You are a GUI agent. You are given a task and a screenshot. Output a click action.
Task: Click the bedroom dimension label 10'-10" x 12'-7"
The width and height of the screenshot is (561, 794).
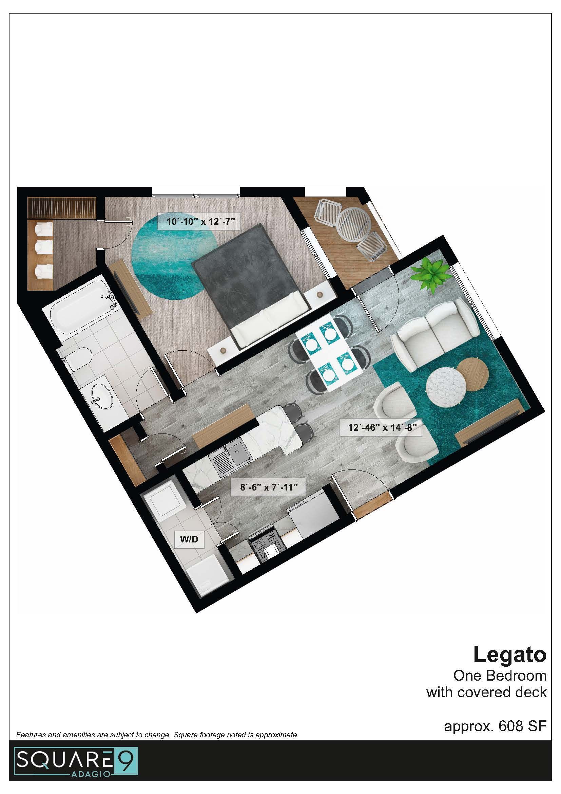(198, 221)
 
